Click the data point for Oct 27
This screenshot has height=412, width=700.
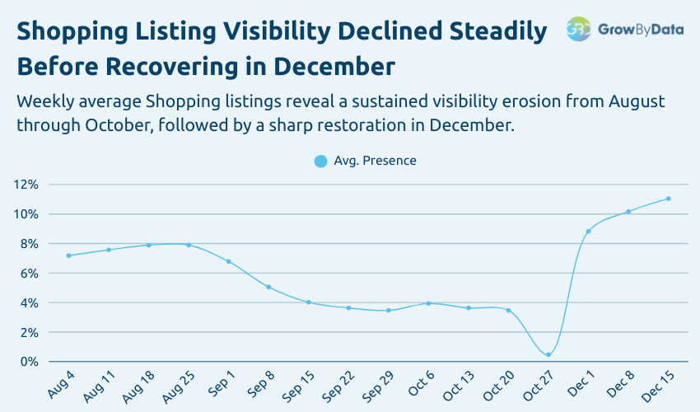pyautogui.click(x=548, y=355)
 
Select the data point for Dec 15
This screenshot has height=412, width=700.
pyautogui.click(x=668, y=199)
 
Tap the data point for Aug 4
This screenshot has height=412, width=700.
pyautogui.click(x=68, y=255)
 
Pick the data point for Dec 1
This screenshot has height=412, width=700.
pyautogui.click(x=588, y=232)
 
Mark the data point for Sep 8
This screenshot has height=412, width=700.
pyautogui.click(x=268, y=287)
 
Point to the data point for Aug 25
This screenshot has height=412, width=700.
pyautogui.click(x=189, y=245)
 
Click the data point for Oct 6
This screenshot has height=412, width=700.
pyautogui.click(x=428, y=303)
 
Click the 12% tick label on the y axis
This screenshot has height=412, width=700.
pyautogui.click(x=26, y=185)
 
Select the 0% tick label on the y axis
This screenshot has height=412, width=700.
pyautogui.click(x=28, y=362)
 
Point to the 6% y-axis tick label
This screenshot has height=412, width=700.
pyautogui.click(x=28, y=273)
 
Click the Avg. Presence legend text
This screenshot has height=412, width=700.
pyautogui.click(x=375, y=161)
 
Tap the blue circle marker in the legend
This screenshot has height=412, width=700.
pyautogui.click(x=321, y=161)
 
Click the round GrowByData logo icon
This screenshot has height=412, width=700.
pyautogui.click(x=579, y=29)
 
